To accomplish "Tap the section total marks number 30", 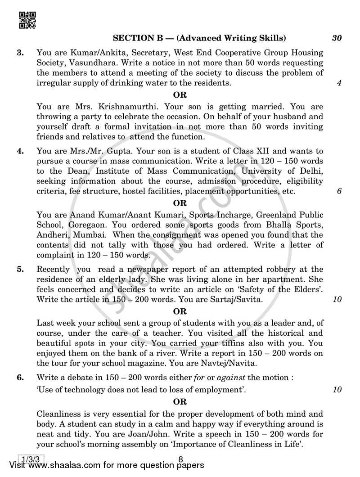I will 337,38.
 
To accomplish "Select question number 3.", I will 20,53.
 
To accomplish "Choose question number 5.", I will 20,270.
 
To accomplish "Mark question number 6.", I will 20,378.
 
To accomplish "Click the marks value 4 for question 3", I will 339,83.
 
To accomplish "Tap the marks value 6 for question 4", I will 339,191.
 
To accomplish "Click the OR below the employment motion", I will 180,402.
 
